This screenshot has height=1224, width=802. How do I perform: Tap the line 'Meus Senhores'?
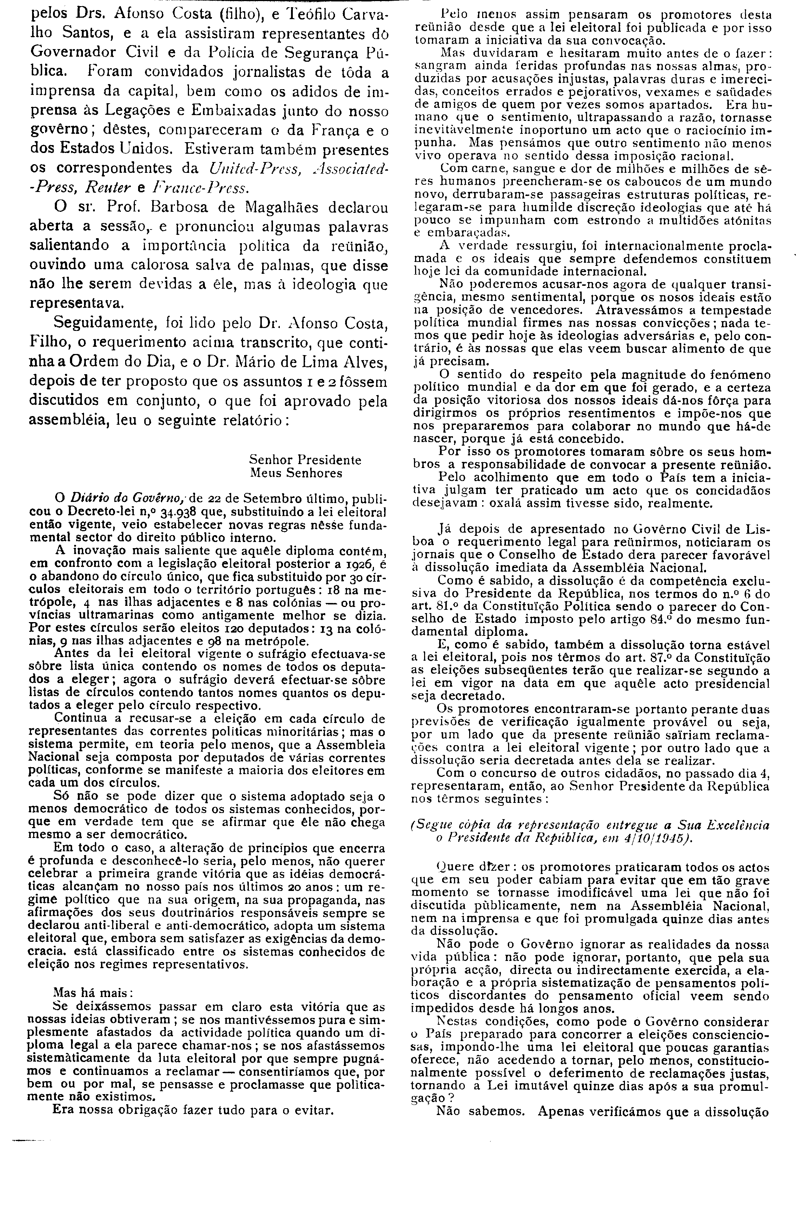296,473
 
